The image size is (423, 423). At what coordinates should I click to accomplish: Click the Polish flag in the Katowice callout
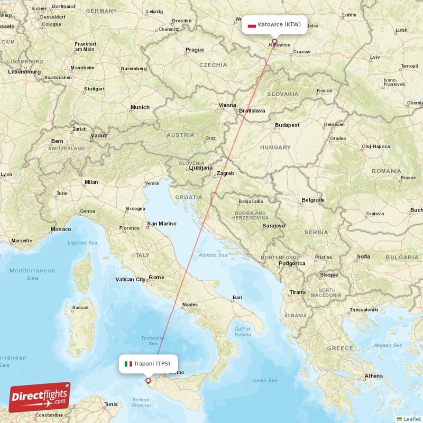[x=252, y=25]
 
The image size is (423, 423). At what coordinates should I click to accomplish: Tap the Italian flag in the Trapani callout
[x=128, y=364]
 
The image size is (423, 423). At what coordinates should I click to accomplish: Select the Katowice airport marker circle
[x=274, y=41]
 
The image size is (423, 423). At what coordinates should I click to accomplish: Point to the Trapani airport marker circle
[x=148, y=380]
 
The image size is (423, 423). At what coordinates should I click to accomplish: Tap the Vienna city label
[x=228, y=105]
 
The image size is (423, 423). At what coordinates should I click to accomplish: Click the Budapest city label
[x=287, y=125]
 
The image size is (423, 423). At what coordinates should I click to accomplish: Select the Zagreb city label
[x=225, y=173]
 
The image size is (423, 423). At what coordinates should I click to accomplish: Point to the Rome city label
[x=157, y=277]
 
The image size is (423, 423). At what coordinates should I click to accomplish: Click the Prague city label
[x=194, y=50]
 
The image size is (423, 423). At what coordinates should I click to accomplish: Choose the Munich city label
[x=140, y=107]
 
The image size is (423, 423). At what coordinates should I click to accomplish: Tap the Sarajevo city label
[x=273, y=226]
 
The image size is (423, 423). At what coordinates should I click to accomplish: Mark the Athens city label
[x=373, y=376]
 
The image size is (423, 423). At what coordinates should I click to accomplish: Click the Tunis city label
[x=111, y=404]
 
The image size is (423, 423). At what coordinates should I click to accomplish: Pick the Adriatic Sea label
[x=213, y=255]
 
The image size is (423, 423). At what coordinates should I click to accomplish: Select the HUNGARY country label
[x=275, y=148]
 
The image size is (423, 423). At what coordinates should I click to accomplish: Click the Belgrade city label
[x=312, y=200]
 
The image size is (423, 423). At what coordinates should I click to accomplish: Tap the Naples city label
[x=189, y=305]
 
